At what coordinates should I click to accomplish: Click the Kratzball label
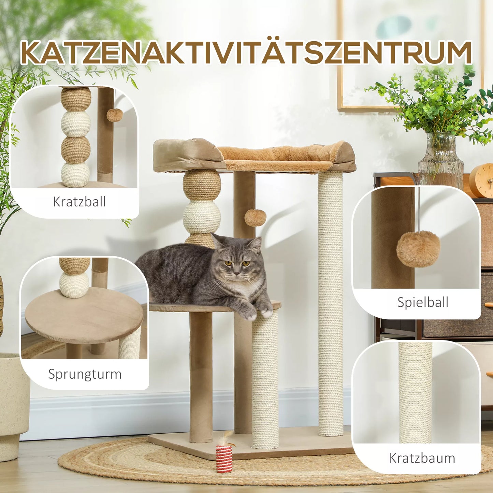tap(79, 202)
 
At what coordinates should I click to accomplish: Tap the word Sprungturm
tap(85, 374)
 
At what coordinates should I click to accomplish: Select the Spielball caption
tap(423, 302)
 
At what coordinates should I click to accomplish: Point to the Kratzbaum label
tap(422, 458)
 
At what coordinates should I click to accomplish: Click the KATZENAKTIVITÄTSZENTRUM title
tap(246, 53)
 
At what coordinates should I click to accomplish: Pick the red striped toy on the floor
tap(224, 458)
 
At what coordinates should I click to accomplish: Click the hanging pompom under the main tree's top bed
tap(255, 218)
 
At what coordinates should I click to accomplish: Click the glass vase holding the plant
tap(440, 160)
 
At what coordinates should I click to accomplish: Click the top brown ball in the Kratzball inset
tap(76, 99)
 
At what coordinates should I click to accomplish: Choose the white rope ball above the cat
tap(201, 217)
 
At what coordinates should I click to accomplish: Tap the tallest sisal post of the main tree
tap(330, 304)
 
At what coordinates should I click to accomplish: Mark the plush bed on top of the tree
tap(254, 156)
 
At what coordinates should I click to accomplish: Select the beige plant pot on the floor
tap(14, 403)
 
